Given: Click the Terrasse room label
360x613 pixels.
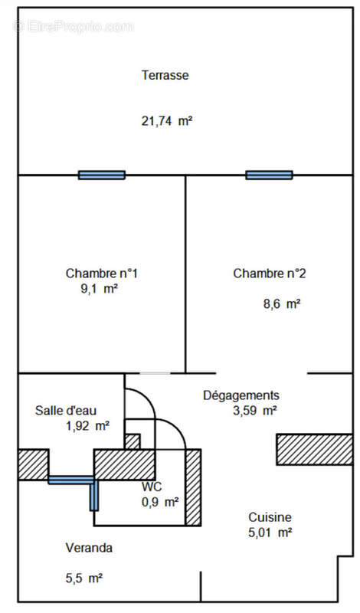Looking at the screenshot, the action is click(x=165, y=74).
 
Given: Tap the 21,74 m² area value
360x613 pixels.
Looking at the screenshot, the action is click(x=167, y=121).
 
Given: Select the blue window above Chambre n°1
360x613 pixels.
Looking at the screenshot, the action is click(x=102, y=175).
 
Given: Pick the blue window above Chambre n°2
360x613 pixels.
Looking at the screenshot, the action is click(x=269, y=175).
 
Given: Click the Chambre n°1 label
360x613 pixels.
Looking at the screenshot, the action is click(x=102, y=274).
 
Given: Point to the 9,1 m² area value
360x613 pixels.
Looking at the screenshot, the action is click(x=99, y=289).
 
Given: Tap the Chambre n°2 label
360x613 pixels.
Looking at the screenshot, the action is click(x=270, y=274).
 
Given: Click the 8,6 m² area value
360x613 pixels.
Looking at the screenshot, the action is click(x=282, y=303).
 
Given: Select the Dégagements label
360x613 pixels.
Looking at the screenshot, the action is click(x=241, y=395).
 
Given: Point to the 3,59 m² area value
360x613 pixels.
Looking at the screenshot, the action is click(x=255, y=411).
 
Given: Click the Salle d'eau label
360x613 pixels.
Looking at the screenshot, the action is click(x=66, y=411).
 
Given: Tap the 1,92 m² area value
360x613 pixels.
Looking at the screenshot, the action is click(x=87, y=426).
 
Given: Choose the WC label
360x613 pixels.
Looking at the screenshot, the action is click(x=152, y=487).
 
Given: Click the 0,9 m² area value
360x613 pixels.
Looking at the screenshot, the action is click(x=160, y=502).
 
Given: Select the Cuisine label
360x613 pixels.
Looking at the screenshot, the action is click(x=270, y=517).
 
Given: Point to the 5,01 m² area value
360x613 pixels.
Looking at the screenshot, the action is click(x=270, y=533).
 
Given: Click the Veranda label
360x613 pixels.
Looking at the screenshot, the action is click(x=89, y=548).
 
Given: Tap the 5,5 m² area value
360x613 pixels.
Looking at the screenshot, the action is click(x=84, y=578).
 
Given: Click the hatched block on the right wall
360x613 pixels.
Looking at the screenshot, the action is click(x=315, y=449).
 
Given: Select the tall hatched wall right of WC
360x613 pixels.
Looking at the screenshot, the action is click(x=193, y=487).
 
